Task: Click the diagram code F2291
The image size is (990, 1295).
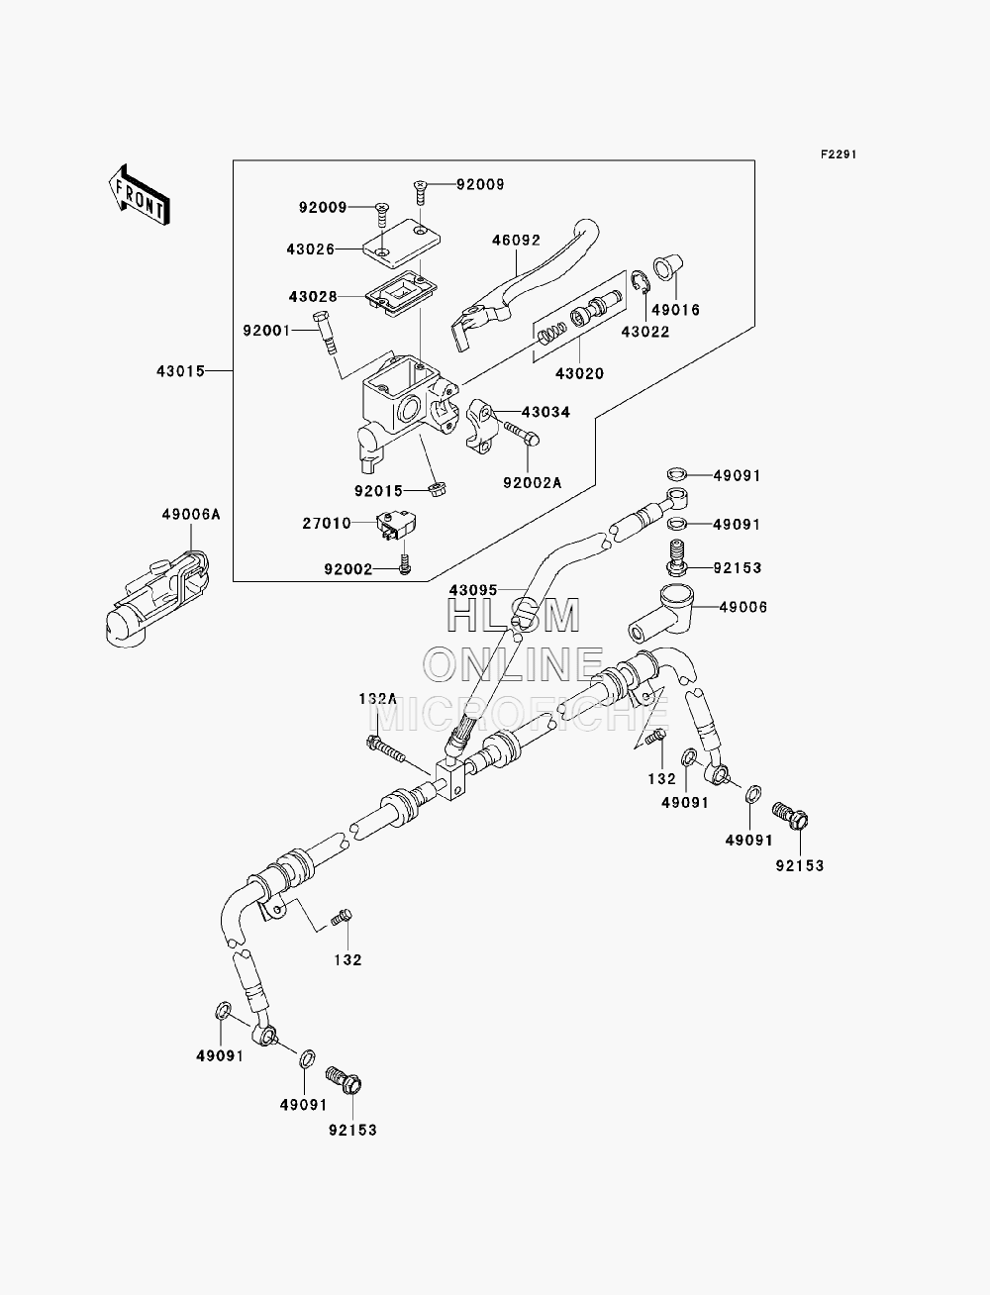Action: click(x=839, y=154)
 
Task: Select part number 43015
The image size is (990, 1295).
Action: click(x=180, y=371)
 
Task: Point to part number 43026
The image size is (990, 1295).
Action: click(x=310, y=249)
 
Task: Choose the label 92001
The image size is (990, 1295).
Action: click(x=266, y=331)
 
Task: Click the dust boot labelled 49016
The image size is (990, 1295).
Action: click(x=666, y=268)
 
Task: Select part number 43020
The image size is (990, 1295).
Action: click(x=579, y=373)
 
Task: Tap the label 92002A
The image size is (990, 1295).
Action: click(x=533, y=482)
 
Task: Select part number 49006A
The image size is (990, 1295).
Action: click(x=191, y=515)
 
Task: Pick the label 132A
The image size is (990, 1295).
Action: click(x=378, y=699)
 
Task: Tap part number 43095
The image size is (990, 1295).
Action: click(x=473, y=590)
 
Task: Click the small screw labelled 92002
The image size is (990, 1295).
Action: click(x=405, y=563)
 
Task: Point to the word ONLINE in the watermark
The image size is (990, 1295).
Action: click(x=513, y=663)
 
